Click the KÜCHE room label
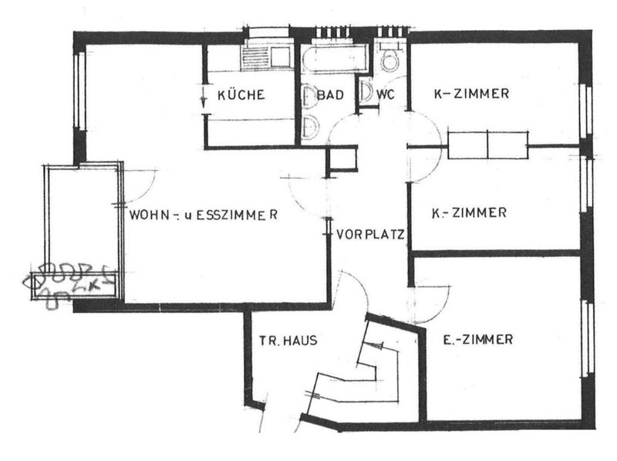coord(241,96)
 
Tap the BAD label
coord(329,96)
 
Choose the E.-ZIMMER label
coord(479,339)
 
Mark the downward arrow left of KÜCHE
coord(202,99)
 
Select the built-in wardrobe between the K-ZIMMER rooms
coord(487,144)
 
